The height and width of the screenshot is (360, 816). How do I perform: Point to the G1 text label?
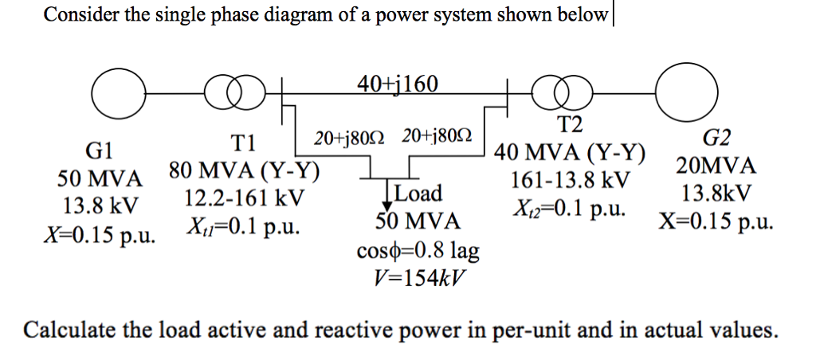pyautogui.click(x=101, y=150)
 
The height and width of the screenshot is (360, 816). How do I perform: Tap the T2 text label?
pyautogui.click(x=570, y=123)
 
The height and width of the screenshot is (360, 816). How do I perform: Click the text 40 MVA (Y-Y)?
pyautogui.click(x=571, y=151)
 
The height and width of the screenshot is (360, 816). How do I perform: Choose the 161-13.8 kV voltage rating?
pyautogui.click(x=571, y=180)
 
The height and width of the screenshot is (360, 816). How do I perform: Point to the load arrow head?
pyautogui.click(x=387, y=205)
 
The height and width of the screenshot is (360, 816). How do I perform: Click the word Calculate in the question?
pyautogui.click(x=66, y=329)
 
